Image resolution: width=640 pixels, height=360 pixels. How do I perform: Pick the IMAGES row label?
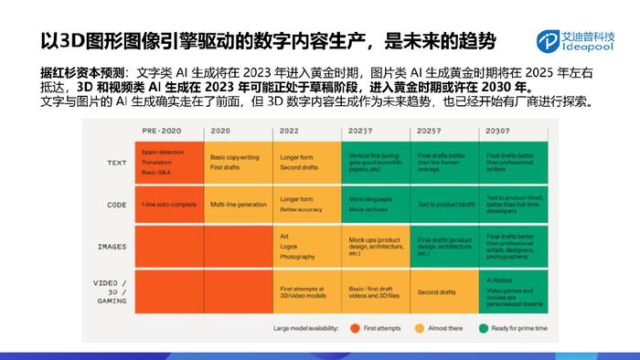click(111, 247)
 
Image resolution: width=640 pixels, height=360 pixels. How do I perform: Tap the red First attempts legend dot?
click(352, 326)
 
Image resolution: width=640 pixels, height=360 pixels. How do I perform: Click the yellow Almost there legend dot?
click(418, 326)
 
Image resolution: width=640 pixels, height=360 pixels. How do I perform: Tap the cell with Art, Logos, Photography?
click(306, 246)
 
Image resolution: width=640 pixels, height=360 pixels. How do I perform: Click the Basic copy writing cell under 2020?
click(239, 160)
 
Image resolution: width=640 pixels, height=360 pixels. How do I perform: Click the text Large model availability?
click(304, 326)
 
